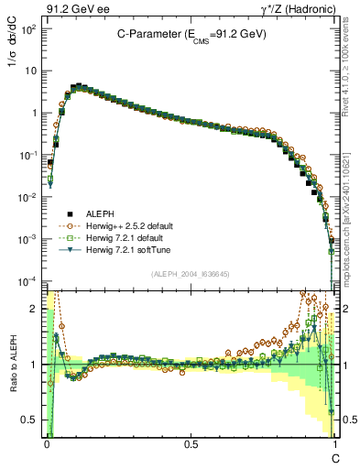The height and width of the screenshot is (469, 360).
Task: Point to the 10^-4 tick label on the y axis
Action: point(29,280)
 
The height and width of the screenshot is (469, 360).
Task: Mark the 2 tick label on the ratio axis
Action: point(36,309)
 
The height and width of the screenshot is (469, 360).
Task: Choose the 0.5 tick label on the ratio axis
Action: point(32,420)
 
